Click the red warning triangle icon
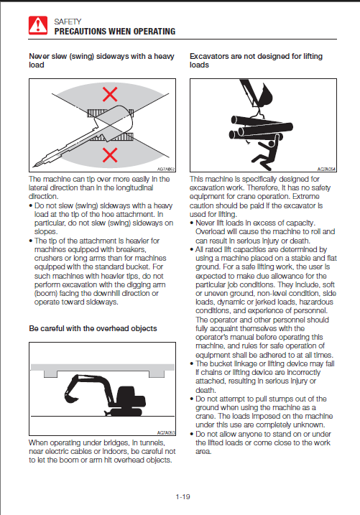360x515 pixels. tap(38, 25)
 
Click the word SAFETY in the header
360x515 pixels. tap(68, 22)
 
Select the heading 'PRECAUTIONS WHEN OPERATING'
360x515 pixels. tap(115, 32)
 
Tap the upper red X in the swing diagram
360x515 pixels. tap(110, 95)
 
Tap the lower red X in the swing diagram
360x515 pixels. tap(110, 155)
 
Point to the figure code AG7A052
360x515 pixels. tap(166, 169)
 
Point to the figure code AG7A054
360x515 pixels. tap(326, 169)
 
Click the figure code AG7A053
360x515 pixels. tap(166, 433)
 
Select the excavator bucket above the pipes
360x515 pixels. tap(264, 96)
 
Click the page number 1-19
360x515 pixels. tap(183, 496)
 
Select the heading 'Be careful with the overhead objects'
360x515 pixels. tap(93, 328)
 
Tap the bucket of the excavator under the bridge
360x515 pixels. tap(70, 396)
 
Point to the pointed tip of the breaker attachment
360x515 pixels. tap(34, 165)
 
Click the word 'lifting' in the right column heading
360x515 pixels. tap(313, 57)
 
